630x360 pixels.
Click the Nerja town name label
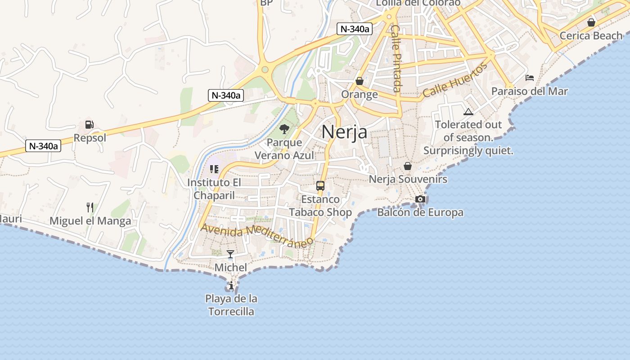click(344, 132)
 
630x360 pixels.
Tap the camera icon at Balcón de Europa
click(420, 199)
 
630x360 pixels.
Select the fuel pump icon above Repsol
click(90, 125)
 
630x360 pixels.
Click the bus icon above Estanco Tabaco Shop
click(320, 185)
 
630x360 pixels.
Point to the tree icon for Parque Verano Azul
click(284, 130)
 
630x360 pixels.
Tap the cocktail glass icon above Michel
click(230, 254)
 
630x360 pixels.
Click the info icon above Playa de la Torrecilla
click(231, 285)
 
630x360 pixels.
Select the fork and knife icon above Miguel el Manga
click(90, 207)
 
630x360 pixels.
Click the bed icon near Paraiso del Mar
click(530, 78)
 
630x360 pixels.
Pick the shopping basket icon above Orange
click(359, 81)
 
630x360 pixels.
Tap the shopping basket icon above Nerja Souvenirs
click(408, 166)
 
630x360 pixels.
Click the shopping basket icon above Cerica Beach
click(591, 22)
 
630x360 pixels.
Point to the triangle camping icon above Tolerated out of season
click(468, 112)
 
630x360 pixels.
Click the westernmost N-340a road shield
click(43, 146)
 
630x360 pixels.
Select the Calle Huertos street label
click(455, 81)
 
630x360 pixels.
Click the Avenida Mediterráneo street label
click(256, 236)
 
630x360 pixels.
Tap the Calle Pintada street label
click(396, 58)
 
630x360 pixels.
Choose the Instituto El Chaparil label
click(214, 189)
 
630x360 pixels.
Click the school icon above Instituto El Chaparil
click(214, 169)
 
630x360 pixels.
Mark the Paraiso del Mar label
click(529, 91)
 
